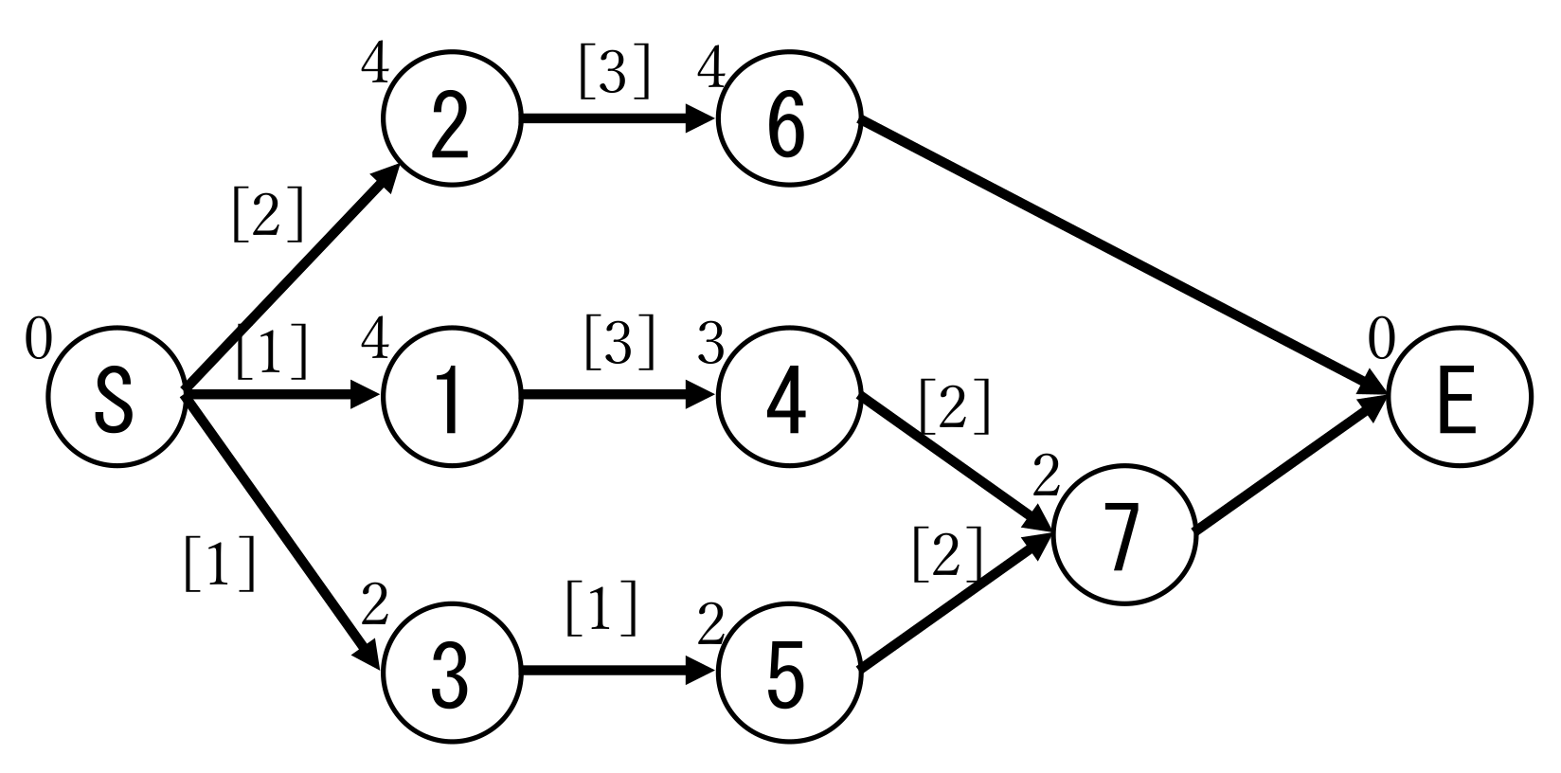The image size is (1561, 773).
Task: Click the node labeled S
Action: (x=116, y=396)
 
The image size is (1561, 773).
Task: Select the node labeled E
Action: (x=1459, y=396)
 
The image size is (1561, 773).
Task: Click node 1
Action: (x=452, y=396)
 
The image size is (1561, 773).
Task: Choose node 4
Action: (x=788, y=396)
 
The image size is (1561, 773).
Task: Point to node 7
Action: (x=1123, y=533)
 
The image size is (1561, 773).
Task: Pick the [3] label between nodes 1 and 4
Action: (x=619, y=343)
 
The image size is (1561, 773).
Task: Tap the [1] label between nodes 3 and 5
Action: (x=601, y=611)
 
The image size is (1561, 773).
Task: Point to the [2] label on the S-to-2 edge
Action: (x=268, y=216)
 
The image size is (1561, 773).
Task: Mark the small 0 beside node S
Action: (x=38, y=341)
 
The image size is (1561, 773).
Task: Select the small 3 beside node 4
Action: (x=710, y=343)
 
